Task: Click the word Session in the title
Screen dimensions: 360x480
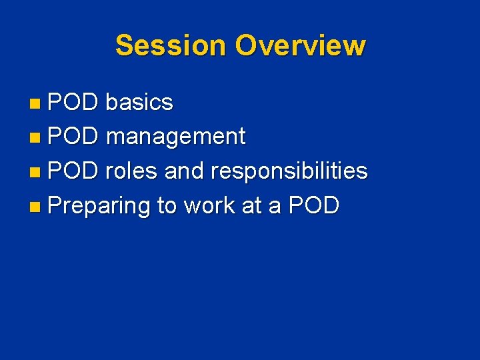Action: (x=171, y=46)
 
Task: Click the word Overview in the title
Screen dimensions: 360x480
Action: (x=300, y=46)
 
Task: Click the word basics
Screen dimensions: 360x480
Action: (x=139, y=103)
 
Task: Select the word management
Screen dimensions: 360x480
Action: (x=175, y=137)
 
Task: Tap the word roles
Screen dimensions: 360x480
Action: (x=131, y=171)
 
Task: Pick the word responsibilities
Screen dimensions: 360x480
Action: (x=289, y=172)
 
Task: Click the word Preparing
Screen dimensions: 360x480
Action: (x=99, y=207)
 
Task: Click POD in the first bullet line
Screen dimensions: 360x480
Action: (x=73, y=103)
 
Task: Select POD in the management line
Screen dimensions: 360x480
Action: (x=73, y=137)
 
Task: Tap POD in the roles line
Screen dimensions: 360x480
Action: (x=73, y=171)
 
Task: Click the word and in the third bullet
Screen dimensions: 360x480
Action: (x=185, y=171)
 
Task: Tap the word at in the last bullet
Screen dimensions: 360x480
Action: (x=251, y=206)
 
